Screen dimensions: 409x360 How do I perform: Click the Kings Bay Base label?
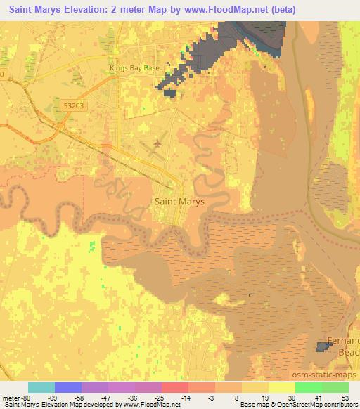coord(135,68)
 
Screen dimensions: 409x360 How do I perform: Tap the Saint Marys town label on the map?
coord(179,201)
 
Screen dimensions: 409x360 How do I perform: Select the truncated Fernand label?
coord(345,339)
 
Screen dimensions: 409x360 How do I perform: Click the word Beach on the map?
coord(349,351)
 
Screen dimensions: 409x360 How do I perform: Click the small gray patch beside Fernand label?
coord(323,346)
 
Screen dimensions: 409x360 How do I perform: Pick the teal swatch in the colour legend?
coord(41,388)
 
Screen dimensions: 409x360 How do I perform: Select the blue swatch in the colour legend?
coord(68,388)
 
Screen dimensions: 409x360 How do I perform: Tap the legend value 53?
coord(344,398)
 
